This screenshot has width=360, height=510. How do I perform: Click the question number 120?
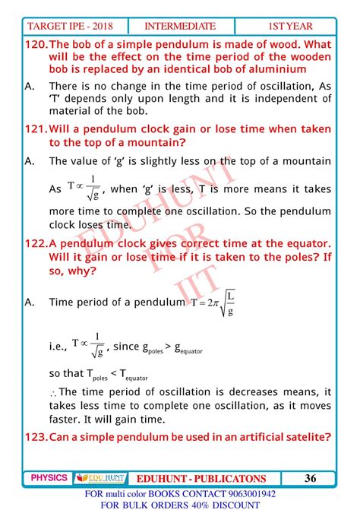coord(36,43)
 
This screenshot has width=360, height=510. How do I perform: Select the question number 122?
coord(36,242)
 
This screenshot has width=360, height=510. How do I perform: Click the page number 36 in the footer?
coord(310,478)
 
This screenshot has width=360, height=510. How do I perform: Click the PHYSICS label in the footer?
coord(49,478)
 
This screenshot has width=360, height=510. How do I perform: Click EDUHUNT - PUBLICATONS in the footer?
coord(201,478)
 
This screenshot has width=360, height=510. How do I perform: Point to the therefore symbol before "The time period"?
coord(53,393)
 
